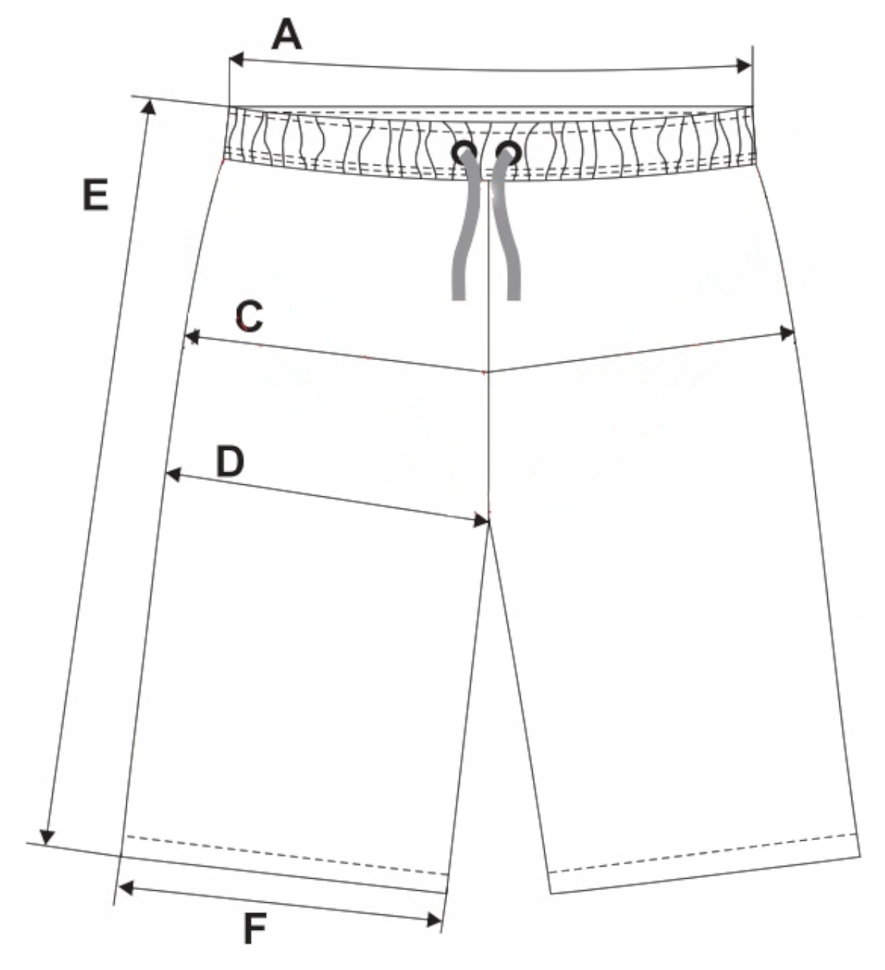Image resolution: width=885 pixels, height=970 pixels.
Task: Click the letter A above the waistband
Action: click(287, 35)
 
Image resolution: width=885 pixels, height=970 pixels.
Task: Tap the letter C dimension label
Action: click(250, 317)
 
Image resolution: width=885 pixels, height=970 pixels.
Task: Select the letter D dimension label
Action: click(230, 461)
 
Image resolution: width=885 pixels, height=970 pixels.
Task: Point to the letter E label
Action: click(96, 195)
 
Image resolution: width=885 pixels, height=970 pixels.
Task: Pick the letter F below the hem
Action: click(255, 929)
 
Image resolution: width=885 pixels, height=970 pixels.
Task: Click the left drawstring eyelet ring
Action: click(465, 152)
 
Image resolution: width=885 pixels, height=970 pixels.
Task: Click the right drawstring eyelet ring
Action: click(509, 152)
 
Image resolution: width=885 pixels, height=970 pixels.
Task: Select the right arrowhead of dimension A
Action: click(745, 66)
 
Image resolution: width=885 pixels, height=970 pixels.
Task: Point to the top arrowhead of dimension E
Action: click(149, 107)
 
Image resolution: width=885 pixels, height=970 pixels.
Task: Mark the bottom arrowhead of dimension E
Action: click(48, 837)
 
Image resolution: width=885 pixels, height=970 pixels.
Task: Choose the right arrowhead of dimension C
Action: click(787, 333)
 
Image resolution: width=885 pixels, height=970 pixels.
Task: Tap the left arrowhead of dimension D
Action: click(172, 474)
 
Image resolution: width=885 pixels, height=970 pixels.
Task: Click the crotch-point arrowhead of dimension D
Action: click(482, 521)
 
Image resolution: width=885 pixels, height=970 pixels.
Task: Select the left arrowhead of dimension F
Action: click(126, 888)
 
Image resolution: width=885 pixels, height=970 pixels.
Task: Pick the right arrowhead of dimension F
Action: click(434, 921)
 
